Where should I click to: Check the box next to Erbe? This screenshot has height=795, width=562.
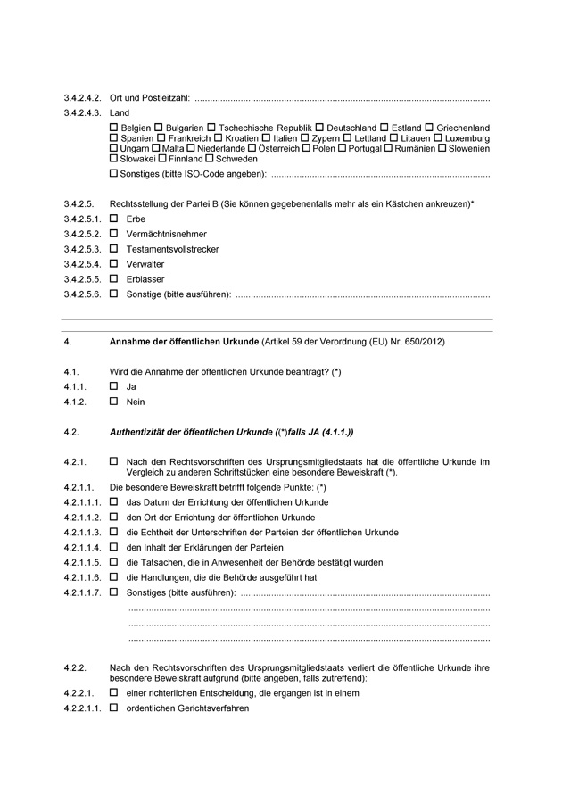coord(113,219)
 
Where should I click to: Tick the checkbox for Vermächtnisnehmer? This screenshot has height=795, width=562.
coord(113,234)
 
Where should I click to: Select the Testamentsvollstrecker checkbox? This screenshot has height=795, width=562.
coord(113,249)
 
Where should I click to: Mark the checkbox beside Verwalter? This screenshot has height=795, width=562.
coord(113,264)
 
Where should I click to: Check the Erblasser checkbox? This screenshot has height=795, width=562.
coord(113,279)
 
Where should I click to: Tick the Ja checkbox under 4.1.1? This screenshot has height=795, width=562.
coord(113,386)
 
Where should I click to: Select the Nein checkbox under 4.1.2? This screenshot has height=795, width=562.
coord(113,402)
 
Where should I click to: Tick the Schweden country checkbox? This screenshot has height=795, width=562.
coord(210,158)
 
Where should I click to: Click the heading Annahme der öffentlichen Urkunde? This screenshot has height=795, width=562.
coord(183,342)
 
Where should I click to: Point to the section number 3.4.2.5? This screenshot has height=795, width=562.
coord(79,203)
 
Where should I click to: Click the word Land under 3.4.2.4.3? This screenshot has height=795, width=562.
coord(119,113)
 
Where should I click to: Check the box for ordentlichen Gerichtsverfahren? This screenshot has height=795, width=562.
coord(113,708)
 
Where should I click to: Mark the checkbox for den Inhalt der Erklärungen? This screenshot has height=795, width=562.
coord(113,547)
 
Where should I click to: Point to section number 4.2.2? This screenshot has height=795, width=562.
coord(74,667)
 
